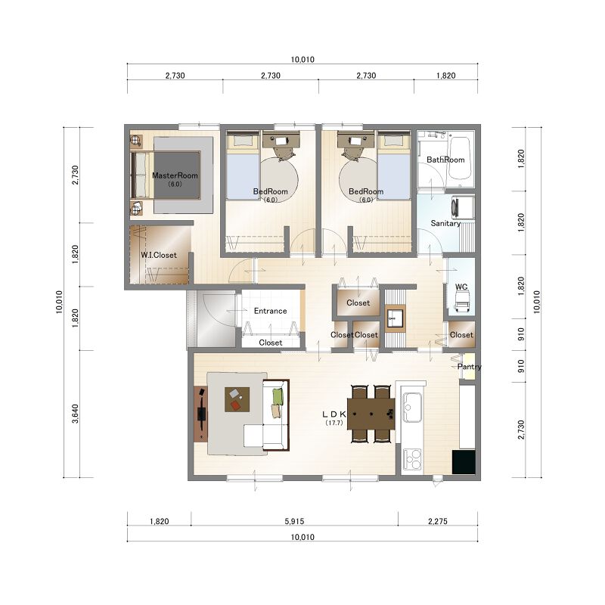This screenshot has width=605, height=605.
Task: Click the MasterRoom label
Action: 175,175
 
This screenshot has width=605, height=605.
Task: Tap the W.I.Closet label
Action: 159,255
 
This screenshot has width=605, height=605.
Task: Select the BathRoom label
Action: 445,160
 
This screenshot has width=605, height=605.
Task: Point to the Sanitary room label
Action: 445,223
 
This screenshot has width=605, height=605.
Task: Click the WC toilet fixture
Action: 462,301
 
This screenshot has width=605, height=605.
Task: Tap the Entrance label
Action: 270,311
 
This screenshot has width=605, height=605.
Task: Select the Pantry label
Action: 469,367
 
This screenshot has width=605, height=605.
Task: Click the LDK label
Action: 334,414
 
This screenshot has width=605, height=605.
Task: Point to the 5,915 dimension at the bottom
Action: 294,521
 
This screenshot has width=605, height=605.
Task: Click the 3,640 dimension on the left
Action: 75,414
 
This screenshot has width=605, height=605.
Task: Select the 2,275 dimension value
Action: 438,521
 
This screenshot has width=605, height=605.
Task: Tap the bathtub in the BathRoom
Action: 460,158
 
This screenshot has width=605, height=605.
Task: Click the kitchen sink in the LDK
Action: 412,408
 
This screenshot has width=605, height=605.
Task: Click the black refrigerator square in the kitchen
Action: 464,462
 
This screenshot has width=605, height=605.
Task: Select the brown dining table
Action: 371,414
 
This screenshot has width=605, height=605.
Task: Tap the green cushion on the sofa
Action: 278,396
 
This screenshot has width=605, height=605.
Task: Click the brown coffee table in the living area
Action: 237,399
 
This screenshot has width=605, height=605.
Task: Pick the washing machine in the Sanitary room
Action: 463,209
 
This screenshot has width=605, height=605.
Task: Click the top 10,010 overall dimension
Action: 302,60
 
